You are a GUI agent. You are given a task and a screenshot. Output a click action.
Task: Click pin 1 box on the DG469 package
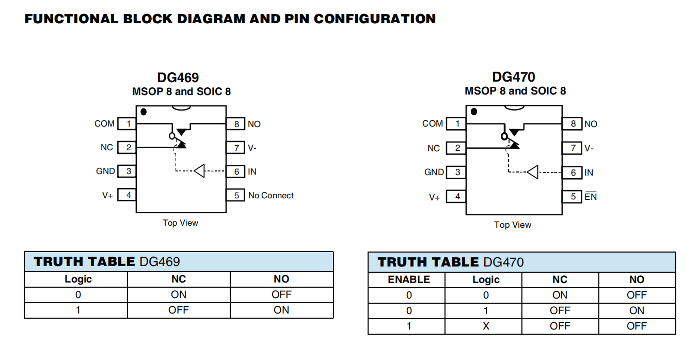(127, 124)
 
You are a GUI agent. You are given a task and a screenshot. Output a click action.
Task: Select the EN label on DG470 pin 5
(591, 197)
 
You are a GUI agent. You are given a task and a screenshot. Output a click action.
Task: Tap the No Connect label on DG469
(271, 195)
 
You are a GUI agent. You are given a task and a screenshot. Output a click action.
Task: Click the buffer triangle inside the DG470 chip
(532, 172)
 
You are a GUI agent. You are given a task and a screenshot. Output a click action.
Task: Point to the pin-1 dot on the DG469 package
(144, 112)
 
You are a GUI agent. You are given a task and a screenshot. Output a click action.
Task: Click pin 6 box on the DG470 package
(572, 173)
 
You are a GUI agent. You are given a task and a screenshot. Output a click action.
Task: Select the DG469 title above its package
(178, 77)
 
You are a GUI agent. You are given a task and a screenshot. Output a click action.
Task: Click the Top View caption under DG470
(512, 225)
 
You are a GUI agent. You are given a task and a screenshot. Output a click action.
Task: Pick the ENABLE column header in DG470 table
(408, 279)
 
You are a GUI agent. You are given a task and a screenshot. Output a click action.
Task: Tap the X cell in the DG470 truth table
(485, 326)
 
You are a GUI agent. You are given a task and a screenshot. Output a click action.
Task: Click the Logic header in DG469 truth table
(78, 279)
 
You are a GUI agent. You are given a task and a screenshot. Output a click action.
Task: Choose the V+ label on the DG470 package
(434, 197)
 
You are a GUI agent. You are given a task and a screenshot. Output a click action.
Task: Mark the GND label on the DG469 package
(105, 171)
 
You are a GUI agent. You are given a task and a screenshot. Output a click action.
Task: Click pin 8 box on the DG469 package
(236, 124)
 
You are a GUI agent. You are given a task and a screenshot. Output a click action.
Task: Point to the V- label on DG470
(589, 148)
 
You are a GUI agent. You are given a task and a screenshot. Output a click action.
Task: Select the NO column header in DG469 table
(281, 279)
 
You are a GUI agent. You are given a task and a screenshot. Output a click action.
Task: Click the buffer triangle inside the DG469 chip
(199, 170)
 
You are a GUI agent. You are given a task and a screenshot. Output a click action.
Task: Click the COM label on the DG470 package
(433, 123)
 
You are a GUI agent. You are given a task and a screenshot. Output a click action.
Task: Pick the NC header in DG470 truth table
(560, 279)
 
